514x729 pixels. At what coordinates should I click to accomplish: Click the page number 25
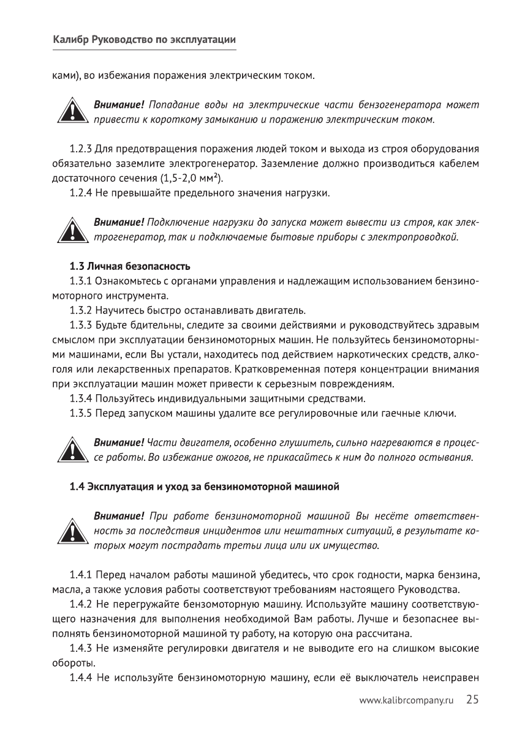(x=472, y=700)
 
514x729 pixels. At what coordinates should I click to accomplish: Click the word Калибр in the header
(x=70, y=40)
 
